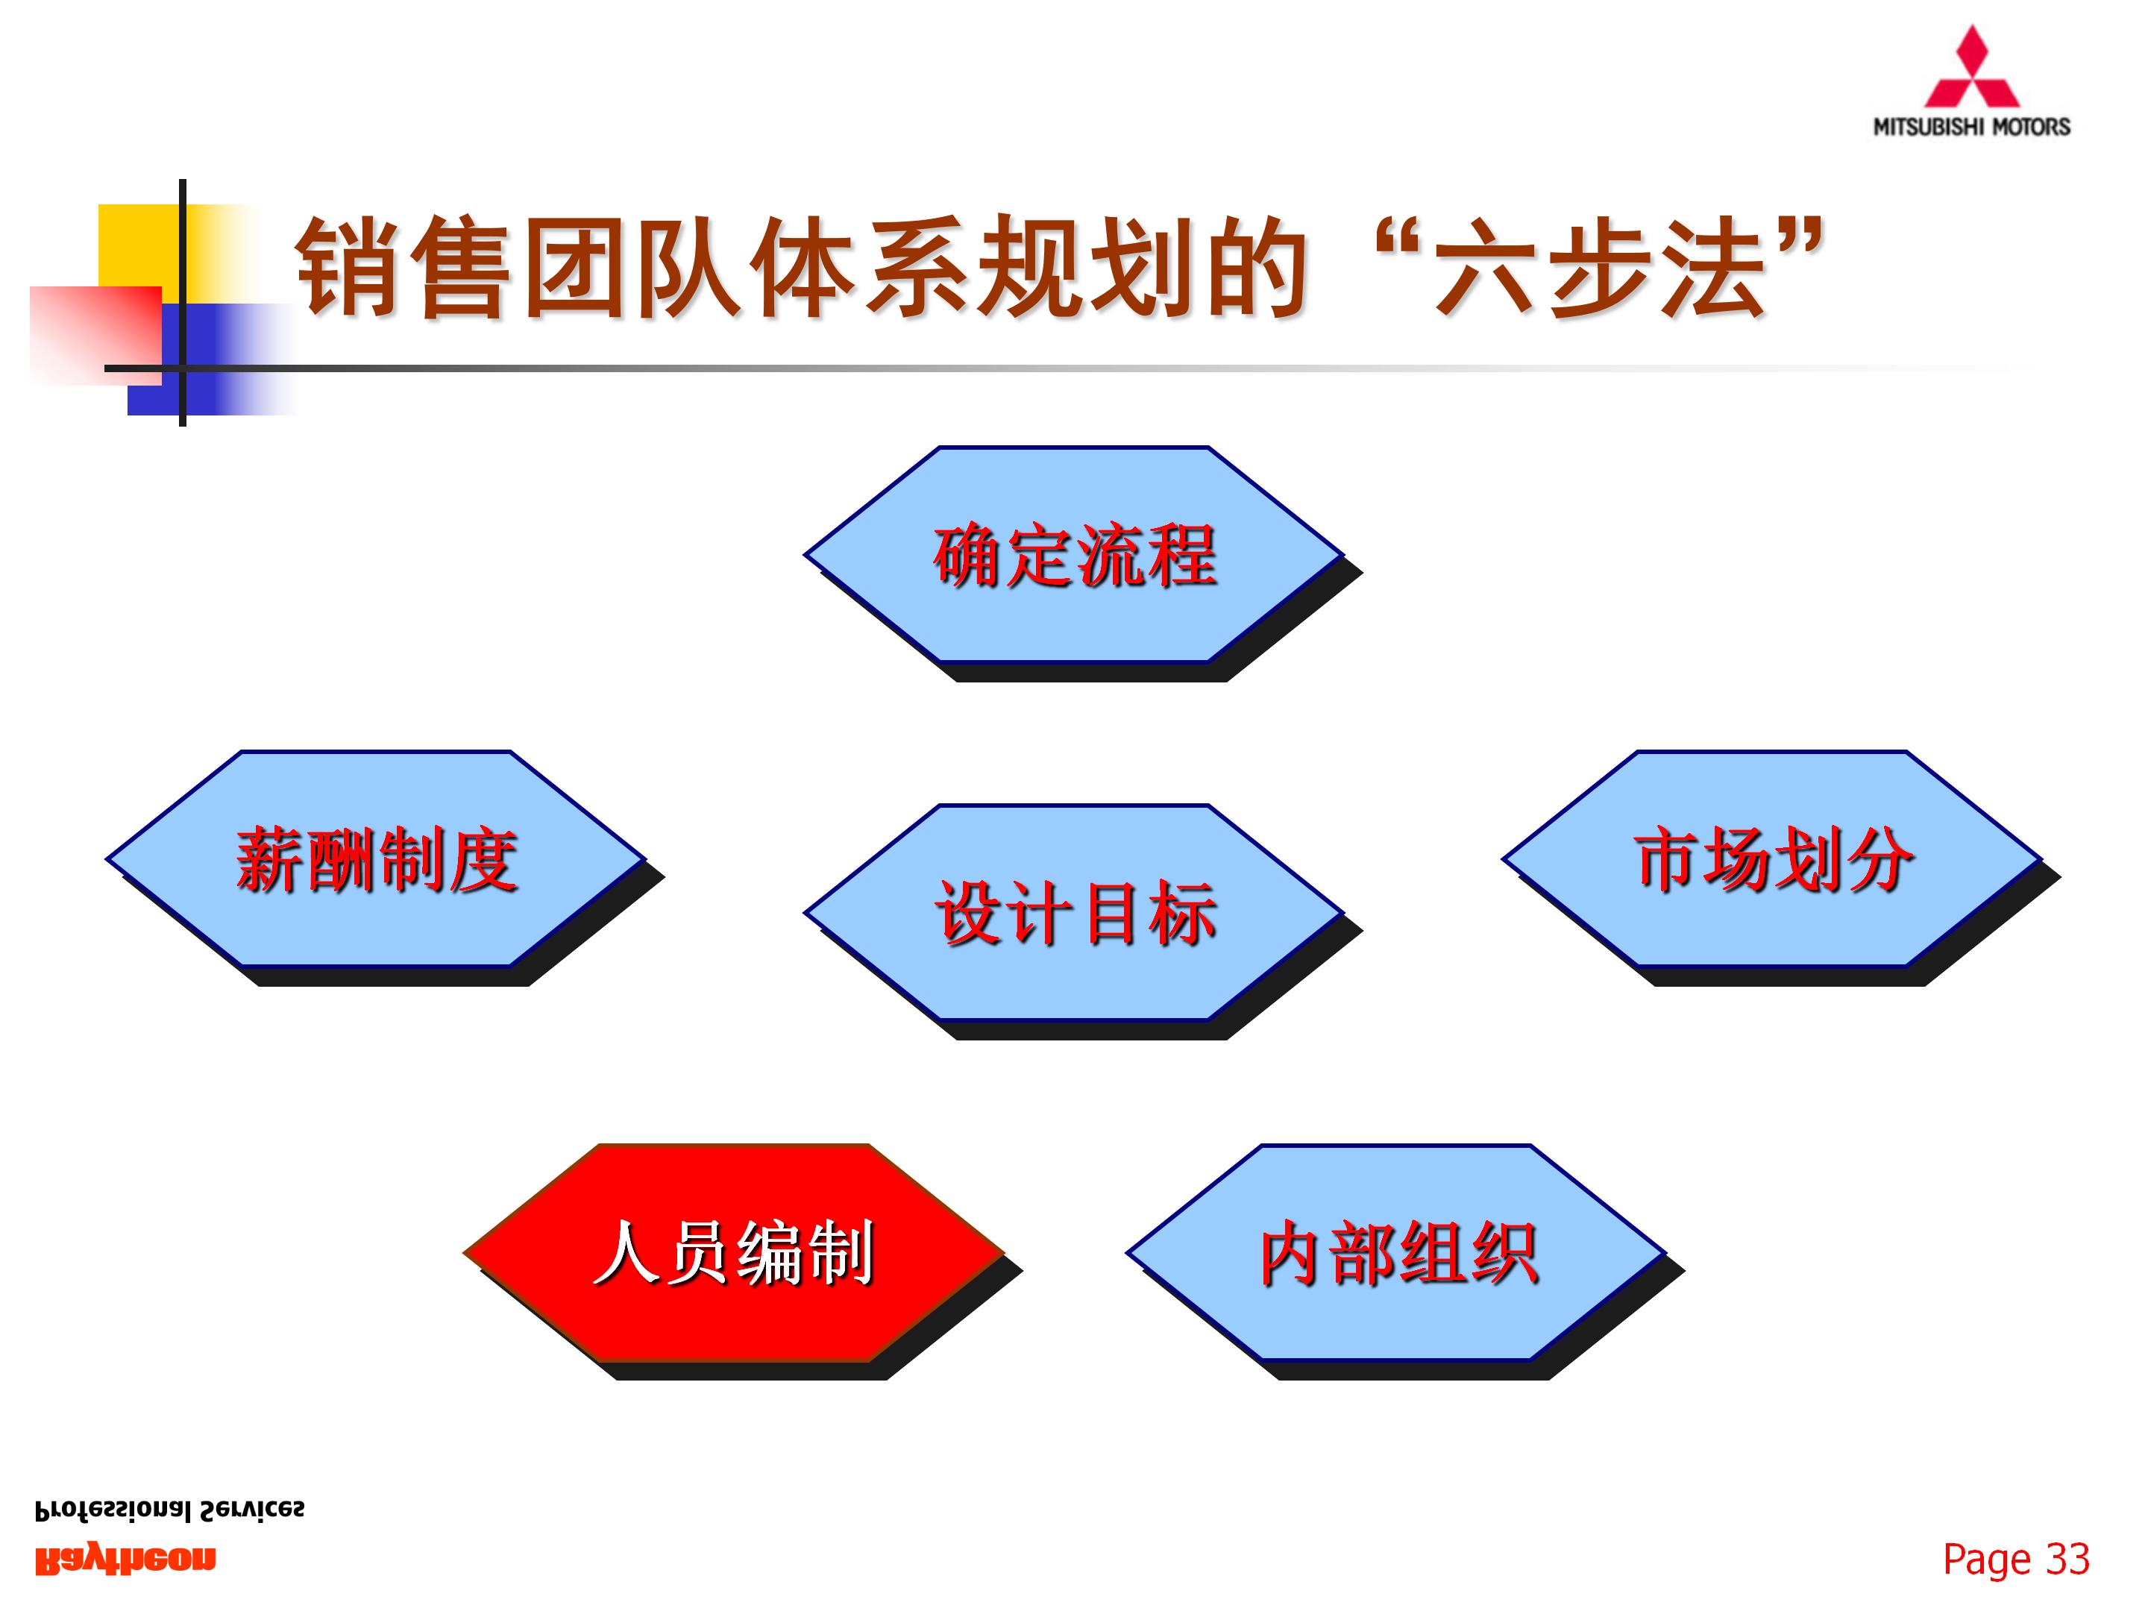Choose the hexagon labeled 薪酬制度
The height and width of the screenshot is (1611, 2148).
[376, 858]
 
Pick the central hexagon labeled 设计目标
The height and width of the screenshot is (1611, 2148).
[1074, 912]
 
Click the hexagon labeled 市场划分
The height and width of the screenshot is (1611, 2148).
[1772, 858]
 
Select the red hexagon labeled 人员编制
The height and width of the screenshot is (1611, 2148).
[733, 1253]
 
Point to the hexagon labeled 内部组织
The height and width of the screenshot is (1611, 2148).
[1396, 1253]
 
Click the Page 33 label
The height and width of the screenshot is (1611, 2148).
[2016, 1559]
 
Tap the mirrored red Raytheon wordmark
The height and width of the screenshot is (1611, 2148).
[125, 1560]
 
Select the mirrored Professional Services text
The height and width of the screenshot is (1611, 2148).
[169, 1510]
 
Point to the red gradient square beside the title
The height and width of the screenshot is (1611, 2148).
[95, 335]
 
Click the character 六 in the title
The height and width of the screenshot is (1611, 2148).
[1486, 266]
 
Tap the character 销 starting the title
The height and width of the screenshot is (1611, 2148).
[348, 266]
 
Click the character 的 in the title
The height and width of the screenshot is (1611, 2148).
[1254, 266]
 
